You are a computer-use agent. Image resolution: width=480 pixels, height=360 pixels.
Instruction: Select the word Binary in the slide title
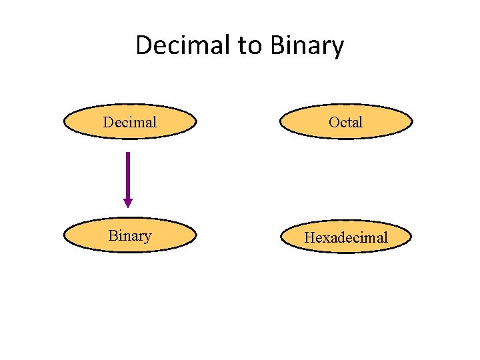tap(307, 45)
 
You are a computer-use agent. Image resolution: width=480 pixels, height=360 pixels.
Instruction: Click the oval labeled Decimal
tap(130, 122)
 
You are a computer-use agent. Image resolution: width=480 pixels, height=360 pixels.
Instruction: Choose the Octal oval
tap(346, 122)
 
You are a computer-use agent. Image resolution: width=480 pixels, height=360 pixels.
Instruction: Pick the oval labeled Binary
tap(130, 236)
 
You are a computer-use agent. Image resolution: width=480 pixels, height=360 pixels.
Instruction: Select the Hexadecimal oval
tap(346, 237)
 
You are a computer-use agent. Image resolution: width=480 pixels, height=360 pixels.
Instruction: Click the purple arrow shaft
tap(128, 175)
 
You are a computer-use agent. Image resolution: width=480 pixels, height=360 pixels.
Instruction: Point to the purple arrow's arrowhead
tap(128, 203)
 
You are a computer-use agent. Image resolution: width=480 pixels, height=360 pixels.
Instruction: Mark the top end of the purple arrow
tap(128, 153)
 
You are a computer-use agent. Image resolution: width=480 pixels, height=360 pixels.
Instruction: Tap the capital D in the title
tap(144, 45)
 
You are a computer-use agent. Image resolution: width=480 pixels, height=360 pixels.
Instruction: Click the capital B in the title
tap(278, 45)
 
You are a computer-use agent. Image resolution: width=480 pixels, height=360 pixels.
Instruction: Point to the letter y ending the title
tap(337, 48)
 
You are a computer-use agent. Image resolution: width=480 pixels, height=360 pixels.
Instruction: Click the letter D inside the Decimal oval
tap(107, 122)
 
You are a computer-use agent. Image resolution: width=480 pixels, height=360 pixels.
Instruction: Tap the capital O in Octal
tap(333, 122)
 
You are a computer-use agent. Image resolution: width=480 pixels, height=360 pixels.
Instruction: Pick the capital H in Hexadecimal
tap(309, 238)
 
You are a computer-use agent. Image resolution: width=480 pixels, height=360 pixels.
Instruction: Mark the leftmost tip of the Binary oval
tap(64, 236)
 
